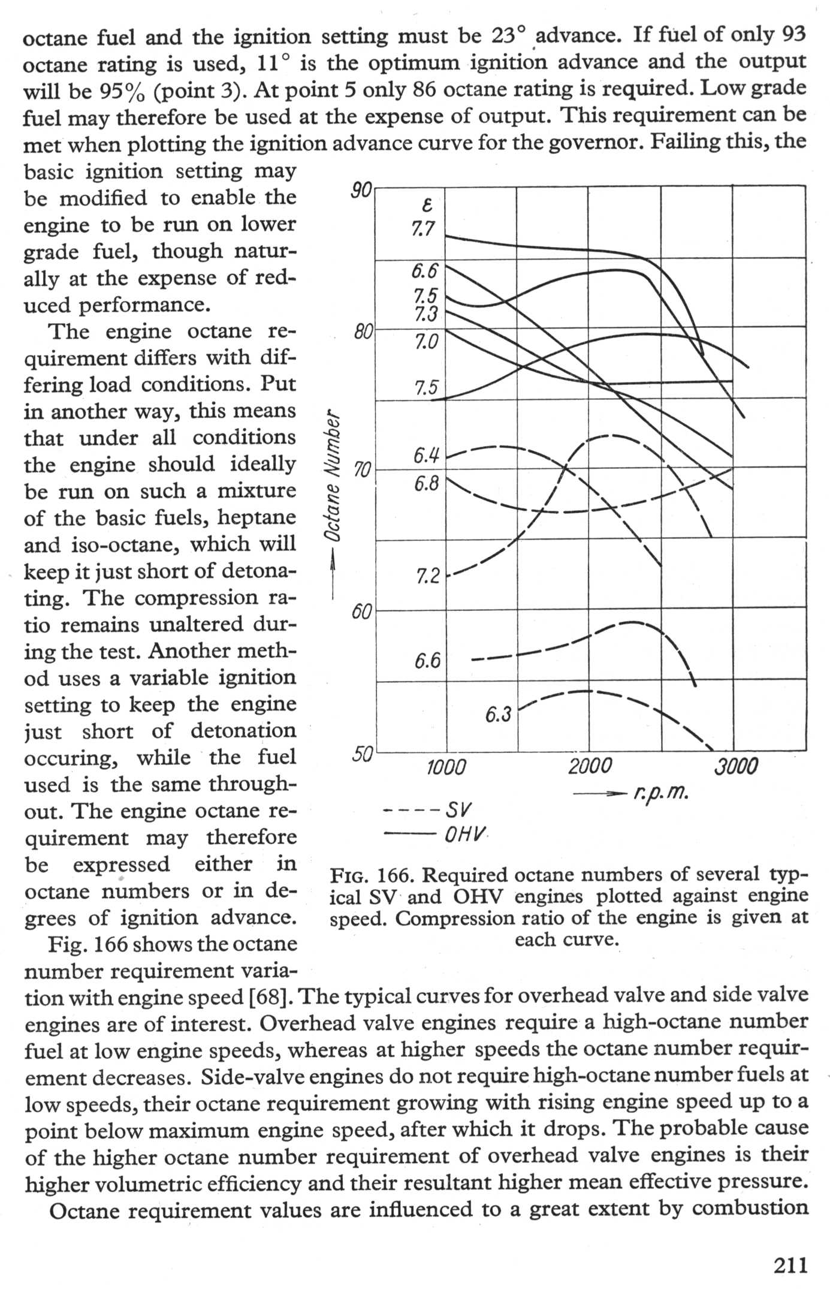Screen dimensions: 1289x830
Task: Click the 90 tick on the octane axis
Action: click(x=361, y=191)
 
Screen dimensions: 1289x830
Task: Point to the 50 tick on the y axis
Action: click(x=362, y=754)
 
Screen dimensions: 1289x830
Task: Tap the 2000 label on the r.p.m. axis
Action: click(x=590, y=767)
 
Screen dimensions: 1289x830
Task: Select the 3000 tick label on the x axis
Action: click(x=736, y=767)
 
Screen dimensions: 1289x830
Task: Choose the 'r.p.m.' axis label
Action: click(x=660, y=794)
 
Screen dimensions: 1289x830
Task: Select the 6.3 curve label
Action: click(x=497, y=715)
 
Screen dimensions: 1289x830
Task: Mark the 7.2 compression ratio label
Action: click(x=428, y=577)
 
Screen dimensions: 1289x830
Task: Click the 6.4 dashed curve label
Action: click(x=426, y=457)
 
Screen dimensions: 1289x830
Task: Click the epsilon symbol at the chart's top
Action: click(x=427, y=206)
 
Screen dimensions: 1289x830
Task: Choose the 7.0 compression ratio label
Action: click(x=426, y=342)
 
